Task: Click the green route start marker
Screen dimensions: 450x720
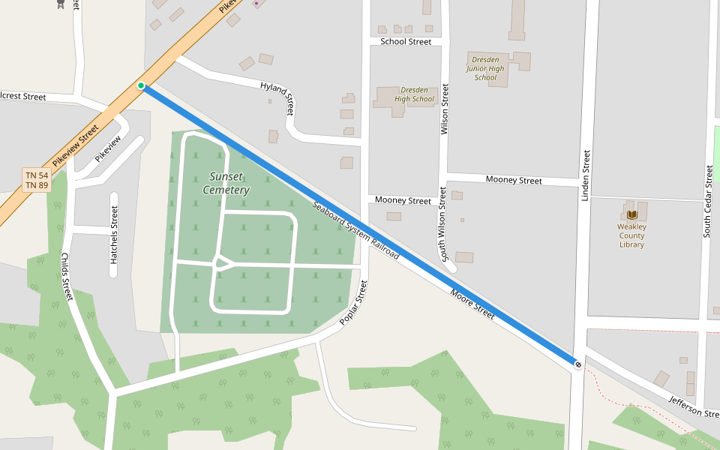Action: tap(140, 85)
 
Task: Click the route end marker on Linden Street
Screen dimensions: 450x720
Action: tap(578, 364)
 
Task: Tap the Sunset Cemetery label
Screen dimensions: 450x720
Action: tap(226, 183)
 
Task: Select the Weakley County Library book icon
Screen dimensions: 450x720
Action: tap(631, 214)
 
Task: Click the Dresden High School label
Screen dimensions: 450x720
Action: tap(414, 94)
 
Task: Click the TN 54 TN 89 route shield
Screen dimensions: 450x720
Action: tap(37, 180)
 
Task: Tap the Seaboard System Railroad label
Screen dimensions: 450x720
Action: tap(355, 231)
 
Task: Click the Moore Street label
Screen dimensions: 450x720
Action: tap(472, 304)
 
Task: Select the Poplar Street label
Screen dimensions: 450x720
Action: tap(355, 303)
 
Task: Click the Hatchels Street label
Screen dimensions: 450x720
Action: tap(114, 235)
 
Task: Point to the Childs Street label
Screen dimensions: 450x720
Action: tap(66, 276)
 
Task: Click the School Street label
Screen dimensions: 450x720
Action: tap(406, 41)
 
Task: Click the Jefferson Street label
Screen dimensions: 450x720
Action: tap(694, 408)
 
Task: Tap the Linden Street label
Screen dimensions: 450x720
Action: tap(586, 175)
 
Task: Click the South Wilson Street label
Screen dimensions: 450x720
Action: tap(444, 225)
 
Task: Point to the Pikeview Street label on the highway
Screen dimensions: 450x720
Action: tap(76, 145)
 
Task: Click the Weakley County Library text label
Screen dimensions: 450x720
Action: tap(631, 235)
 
